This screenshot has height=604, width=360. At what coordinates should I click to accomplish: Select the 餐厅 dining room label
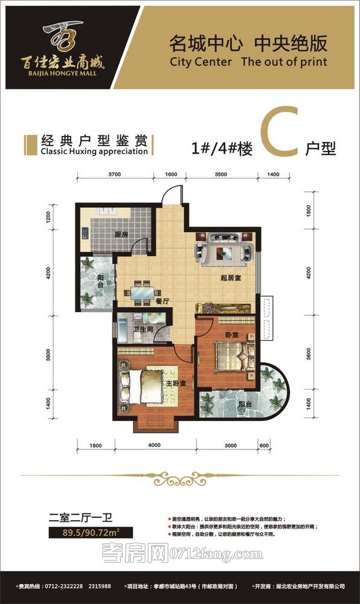161,301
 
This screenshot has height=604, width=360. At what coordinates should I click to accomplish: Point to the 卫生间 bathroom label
141,329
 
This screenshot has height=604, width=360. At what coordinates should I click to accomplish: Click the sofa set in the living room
225,249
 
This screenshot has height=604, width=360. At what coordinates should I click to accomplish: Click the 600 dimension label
263,445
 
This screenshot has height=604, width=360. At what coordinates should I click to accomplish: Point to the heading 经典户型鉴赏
93,141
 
